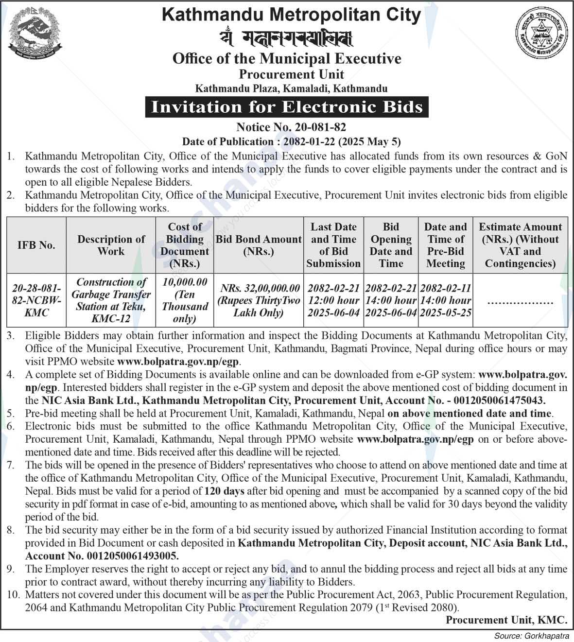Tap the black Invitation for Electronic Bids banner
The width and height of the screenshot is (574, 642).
pyautogui.click(x=287, y=107)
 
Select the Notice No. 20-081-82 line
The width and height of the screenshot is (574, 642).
pyautogui.click(x=291, y=127)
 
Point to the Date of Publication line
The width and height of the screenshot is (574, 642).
pyautogui.click(x=291, y=141)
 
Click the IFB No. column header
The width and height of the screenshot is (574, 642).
pyautogui.click(x=36, y=245)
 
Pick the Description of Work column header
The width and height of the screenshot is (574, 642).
pyautogui.click(x=111, y=245)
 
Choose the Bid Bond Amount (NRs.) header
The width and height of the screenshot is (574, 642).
pyautogui.click(x=259, y=245)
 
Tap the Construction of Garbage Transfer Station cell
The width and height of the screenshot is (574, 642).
pyautogui.click(x=111, y=300)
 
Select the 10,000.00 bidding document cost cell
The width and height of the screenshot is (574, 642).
pyautogui.click(x=185, y=300)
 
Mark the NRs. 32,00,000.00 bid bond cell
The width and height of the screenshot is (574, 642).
pyautogui.click(x=259, y=300)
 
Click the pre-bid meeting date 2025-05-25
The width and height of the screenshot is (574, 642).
pyautogui.click(x=446, y=313)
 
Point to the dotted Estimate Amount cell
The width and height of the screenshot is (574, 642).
pyautogui.click(x=520, y=302)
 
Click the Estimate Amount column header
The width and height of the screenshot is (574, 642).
pyautogui.click(x=520, y=245)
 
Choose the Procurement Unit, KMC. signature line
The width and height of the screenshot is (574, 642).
pyautogui.click(x=506, y=620)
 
